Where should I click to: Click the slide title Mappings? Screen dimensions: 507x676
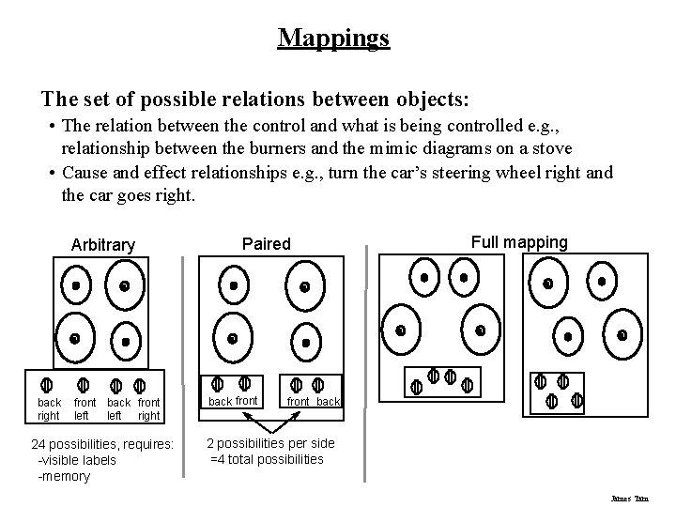point(333,38)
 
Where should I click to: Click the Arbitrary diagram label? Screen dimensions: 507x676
point(103,245)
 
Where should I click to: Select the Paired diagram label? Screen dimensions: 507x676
point(267,244)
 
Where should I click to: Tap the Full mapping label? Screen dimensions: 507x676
point(519,242)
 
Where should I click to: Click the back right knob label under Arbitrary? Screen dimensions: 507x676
point(49,408)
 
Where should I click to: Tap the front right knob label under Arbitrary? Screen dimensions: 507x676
point(148,408)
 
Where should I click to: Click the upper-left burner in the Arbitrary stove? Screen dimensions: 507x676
point(76,284)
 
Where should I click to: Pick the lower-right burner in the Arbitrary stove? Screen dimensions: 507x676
point(126,341)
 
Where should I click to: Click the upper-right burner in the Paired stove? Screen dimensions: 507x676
point(304,285)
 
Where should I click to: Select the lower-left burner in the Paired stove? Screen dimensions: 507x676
point(232,337)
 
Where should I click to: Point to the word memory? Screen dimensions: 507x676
point(67,476)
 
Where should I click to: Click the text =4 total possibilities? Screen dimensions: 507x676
point(267,459)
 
